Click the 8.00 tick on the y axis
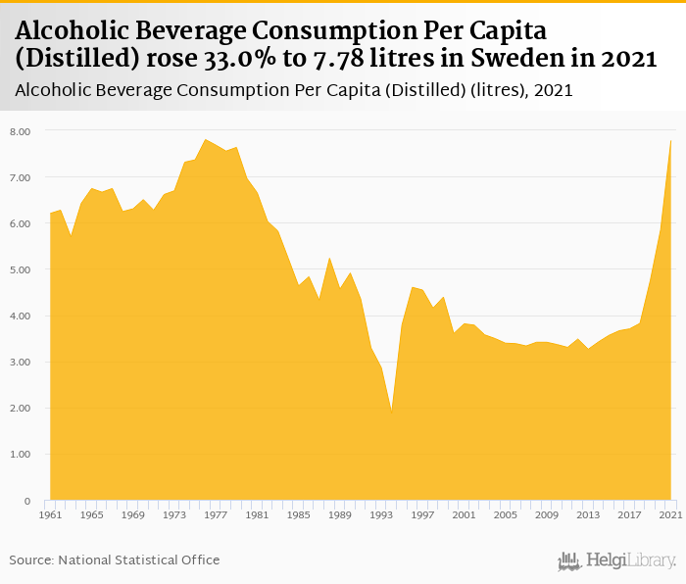[20, 130]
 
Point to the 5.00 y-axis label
[20, 269]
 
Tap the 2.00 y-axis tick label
[20, 409]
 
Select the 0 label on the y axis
[26, 501]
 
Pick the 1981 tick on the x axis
[257, 514]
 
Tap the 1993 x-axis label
[380, 514]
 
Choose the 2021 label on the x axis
[670, 514]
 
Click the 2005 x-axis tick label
[505, 514]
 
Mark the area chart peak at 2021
[670, 141]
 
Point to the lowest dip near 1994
[392, 413]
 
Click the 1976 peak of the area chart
[205, 139]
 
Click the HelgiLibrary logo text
[630, 560]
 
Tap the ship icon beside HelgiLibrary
[568, 560]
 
